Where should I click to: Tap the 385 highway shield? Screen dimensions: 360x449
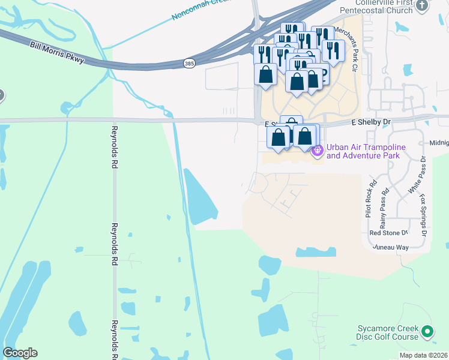click(x=189, y=62)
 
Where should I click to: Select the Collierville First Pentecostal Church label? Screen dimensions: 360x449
click(x=377, y=7)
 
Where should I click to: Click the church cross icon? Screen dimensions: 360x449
click(x=422, y=6)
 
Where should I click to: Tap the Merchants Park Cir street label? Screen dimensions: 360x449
click(x=345, y=49)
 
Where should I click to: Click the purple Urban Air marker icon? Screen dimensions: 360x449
click(x=318, y=149)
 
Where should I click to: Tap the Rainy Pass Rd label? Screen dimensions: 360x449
click(x=384, y=205)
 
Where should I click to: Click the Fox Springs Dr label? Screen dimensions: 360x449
click(x=424, y=214)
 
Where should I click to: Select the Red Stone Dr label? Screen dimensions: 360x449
click(x=388, y=232)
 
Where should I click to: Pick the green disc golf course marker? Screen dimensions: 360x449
click(x=427, y=331)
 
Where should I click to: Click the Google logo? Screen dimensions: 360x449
click(x=20, y=353)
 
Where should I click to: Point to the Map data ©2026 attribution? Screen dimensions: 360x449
click(x=423, y=355)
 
